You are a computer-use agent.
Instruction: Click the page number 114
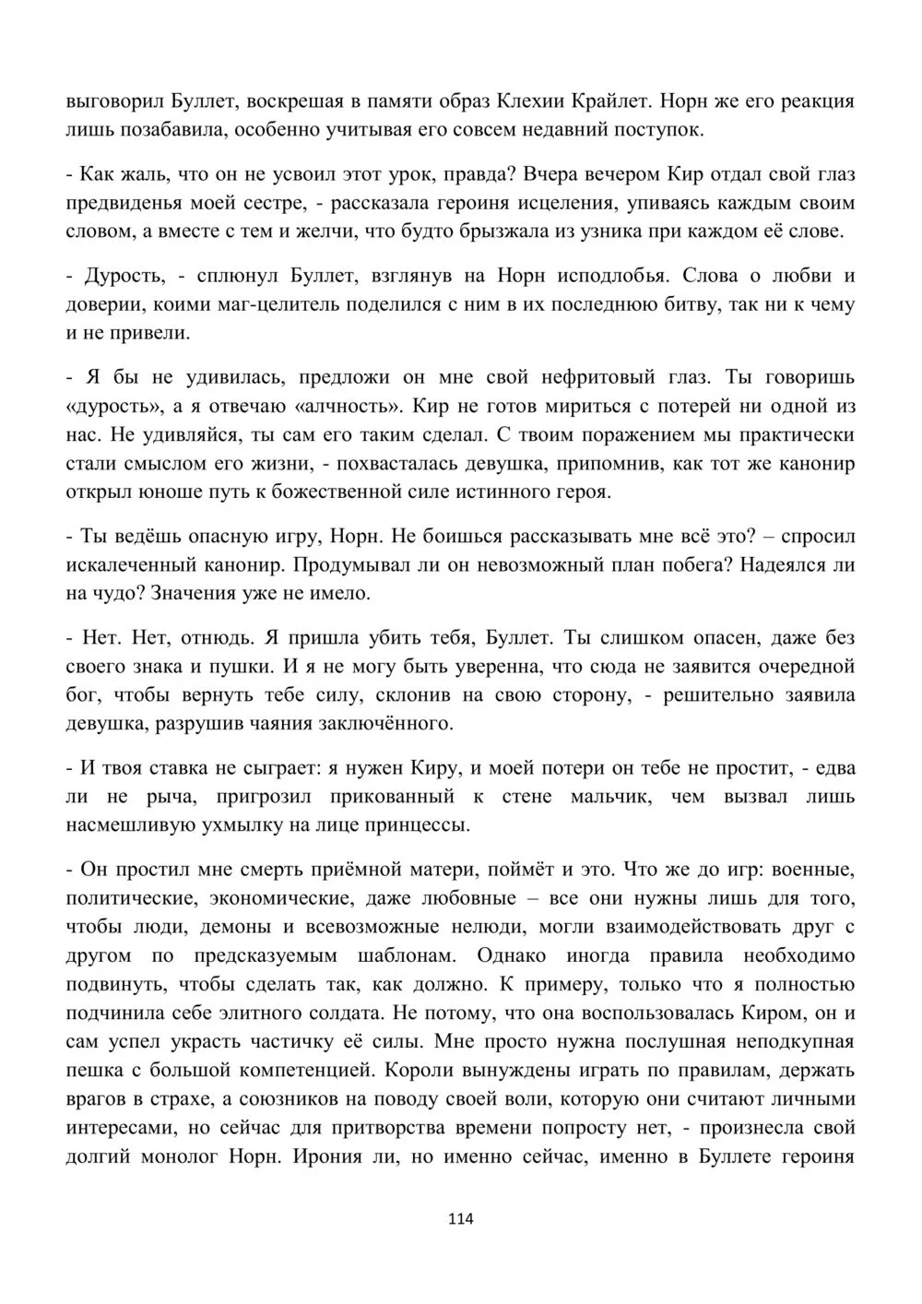point(460,1218)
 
